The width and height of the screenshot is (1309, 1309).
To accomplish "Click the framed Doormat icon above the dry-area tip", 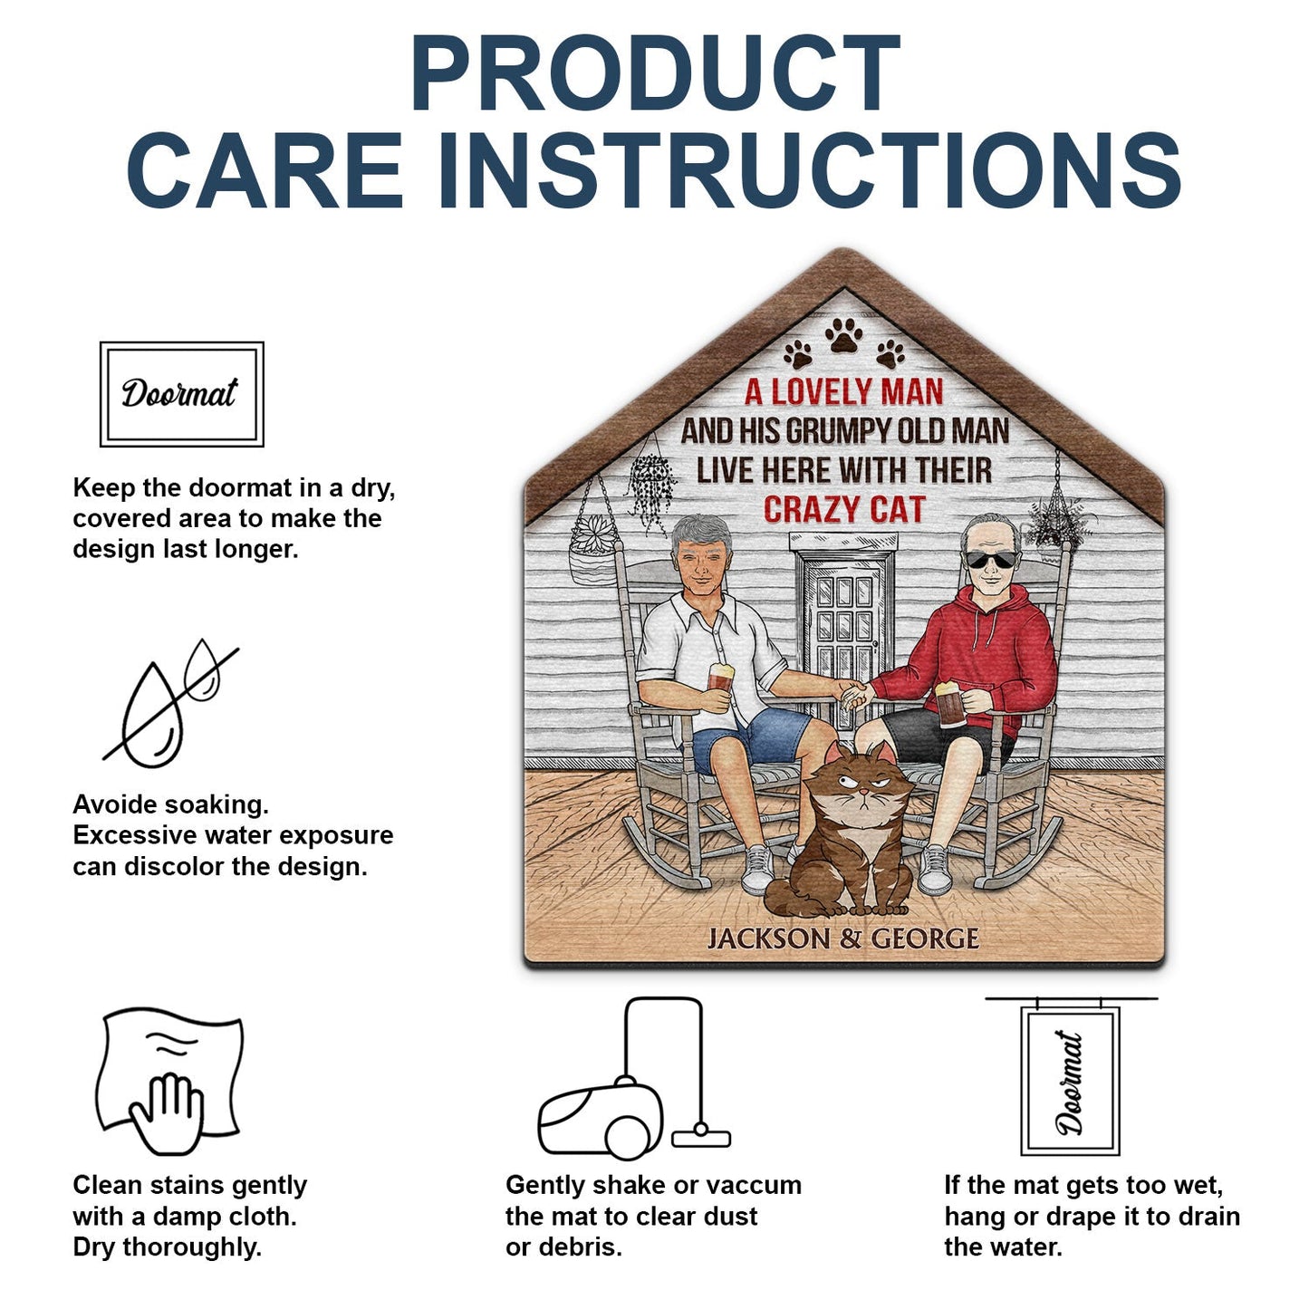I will (x=181, y=394).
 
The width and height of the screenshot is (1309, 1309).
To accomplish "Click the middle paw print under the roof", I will (x=844, y=337).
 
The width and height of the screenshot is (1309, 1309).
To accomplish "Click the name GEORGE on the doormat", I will (x=924, y=938).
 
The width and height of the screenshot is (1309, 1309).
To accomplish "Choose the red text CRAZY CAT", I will (x=843, y=510).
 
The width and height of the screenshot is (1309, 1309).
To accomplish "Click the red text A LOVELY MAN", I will (x=843, y=391).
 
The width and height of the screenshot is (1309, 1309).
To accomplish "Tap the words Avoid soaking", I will (x=170, y=804).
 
